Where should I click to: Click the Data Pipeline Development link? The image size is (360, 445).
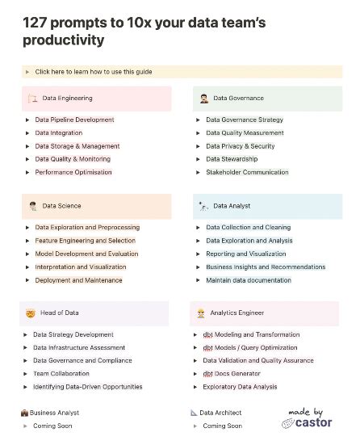click(74, 120)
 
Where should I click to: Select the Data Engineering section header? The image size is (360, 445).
click(67, 99)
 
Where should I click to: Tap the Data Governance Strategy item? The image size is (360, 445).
click(244, 120)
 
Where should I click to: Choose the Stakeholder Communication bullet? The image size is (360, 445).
click(247, 172)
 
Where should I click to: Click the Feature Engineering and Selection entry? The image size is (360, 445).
click(85, 241)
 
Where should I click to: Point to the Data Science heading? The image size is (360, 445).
click(61, 206)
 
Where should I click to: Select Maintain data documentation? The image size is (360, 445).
click(248, 280)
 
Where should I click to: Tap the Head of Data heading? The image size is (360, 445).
click(61, 313)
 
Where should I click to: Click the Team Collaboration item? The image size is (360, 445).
click(61, 374)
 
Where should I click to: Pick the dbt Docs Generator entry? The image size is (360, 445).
click(232, 374)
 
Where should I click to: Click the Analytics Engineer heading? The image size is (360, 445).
click(237, 313)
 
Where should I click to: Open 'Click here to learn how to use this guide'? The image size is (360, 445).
click(93, 72)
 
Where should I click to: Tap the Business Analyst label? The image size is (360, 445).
click(54, 413)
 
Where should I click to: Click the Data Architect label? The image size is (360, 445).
click(220, 413)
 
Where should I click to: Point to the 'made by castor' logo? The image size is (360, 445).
click(307, 417)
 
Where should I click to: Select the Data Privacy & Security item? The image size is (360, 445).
click(240, 146)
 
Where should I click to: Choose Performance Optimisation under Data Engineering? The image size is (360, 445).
click(73, 172)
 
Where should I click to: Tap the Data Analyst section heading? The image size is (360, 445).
click(232, 206)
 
